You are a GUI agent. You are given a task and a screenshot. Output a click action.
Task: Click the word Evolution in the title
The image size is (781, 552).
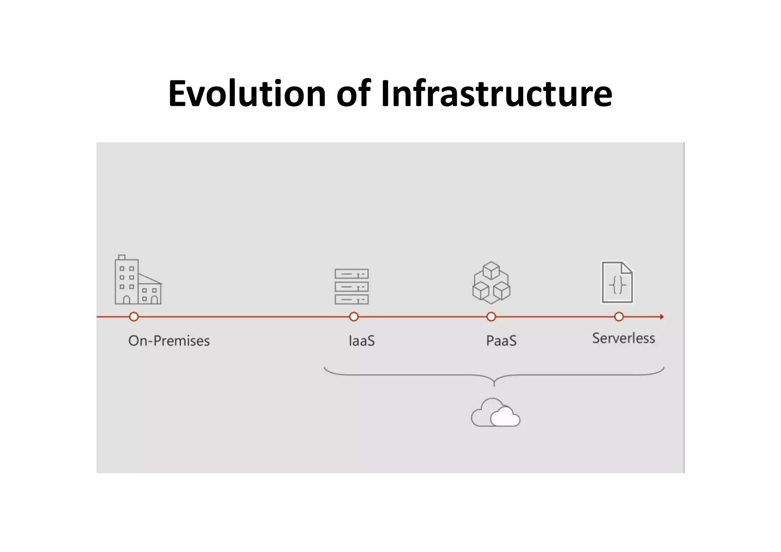point(247,93)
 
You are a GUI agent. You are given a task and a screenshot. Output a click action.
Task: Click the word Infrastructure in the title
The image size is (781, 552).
point(497,93)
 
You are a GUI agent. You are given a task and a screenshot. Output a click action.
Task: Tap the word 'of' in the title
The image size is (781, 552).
point(354,93)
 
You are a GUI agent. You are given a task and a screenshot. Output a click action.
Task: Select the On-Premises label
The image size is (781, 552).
point(169,341)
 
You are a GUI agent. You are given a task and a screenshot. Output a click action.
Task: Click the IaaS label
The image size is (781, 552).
point(362,341)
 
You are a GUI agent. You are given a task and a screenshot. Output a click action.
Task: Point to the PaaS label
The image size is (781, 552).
point(501,341)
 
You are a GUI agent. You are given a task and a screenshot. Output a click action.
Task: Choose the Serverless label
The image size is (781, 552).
point(624,339)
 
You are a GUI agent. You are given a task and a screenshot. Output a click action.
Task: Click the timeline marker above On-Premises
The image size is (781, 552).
point(134,317)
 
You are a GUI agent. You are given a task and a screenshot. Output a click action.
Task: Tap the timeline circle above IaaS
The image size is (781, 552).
point(354,317)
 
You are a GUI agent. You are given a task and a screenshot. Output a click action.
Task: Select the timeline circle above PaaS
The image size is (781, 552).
point(491,317)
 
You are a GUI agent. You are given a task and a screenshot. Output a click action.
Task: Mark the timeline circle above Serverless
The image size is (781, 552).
point(619,317)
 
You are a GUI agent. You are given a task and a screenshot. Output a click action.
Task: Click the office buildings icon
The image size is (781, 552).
point(138,280)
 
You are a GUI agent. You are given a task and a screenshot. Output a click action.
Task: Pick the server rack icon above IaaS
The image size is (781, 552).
point(352,287)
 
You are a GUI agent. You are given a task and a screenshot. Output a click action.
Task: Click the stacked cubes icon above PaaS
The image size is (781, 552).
point(491,283)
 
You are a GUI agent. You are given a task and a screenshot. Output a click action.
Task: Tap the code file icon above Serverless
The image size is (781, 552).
point(617,282)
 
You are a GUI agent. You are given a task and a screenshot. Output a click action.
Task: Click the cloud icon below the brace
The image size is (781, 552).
point(495,413)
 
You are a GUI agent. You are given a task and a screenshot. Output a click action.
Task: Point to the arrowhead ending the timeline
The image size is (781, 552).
point(662,317)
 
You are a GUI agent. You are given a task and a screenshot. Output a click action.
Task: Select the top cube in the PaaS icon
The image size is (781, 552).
point(491,270)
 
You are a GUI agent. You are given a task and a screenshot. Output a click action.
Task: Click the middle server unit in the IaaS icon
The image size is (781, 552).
point(352,287)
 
